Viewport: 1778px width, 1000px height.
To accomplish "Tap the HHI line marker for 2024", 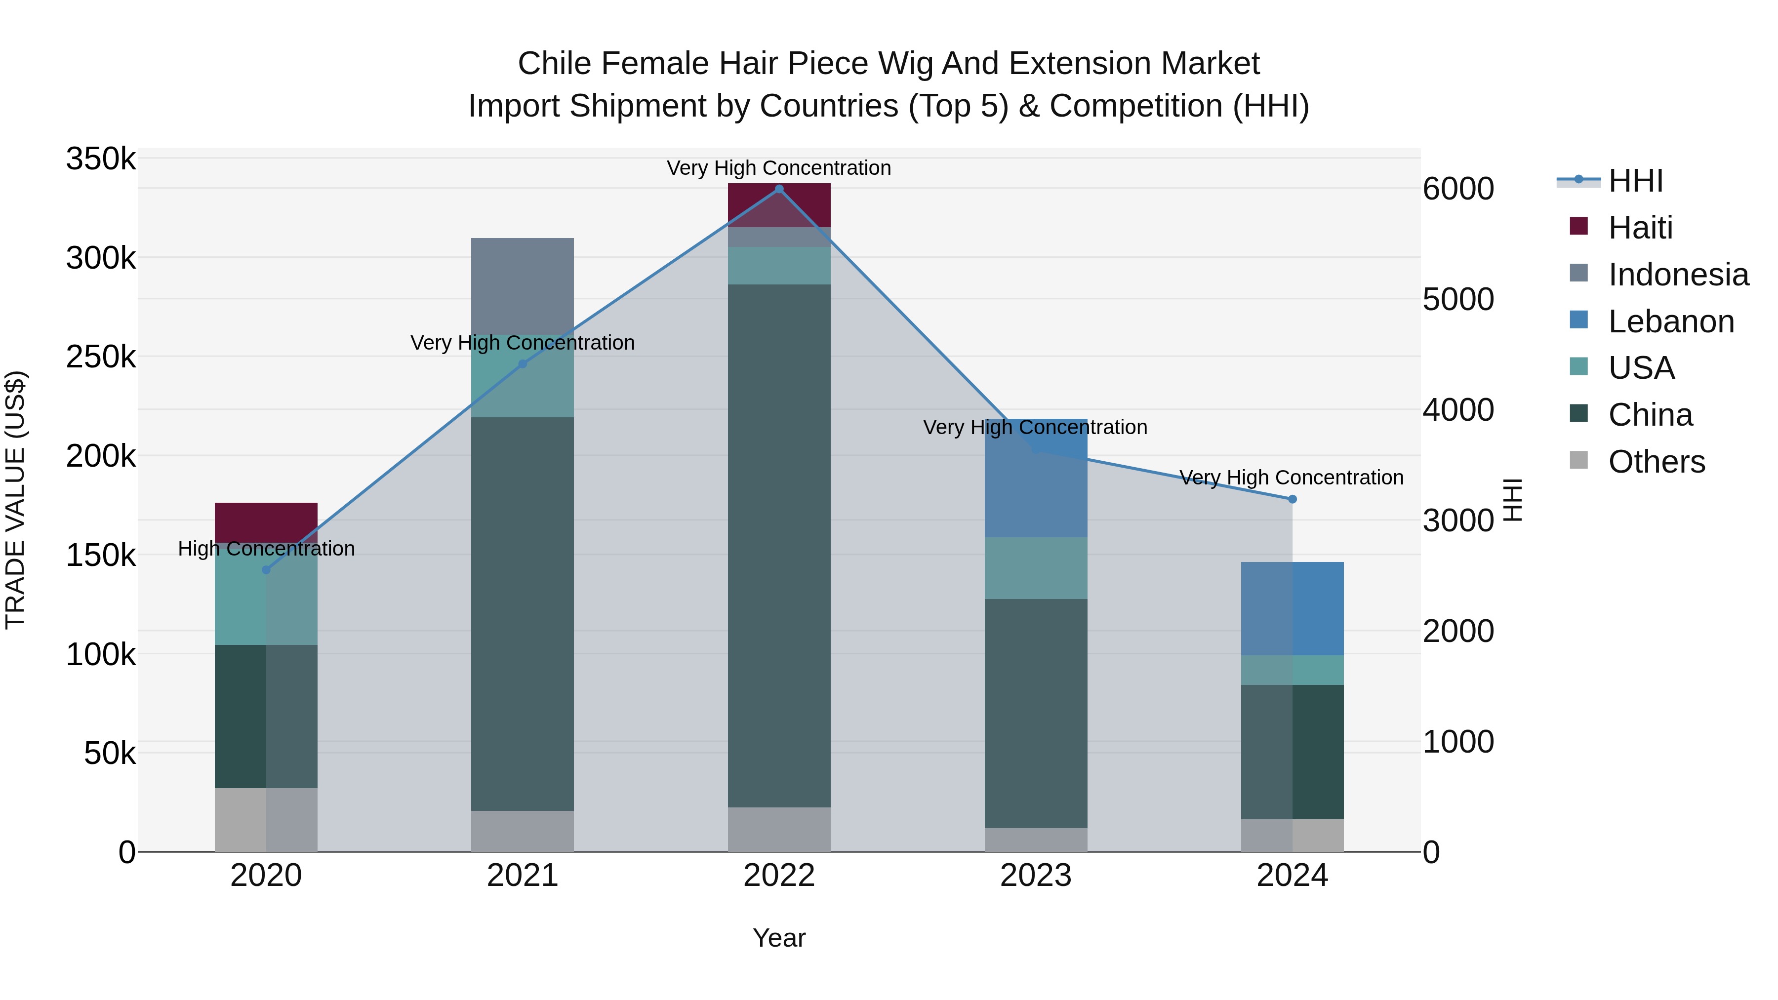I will click(x=1292, y=499).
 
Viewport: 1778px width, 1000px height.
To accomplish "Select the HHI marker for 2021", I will click(x=523, y=363).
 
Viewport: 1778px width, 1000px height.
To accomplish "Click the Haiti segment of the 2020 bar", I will click(x=266, y=522).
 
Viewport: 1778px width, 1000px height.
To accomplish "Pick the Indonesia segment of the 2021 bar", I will click(x=523, y=286).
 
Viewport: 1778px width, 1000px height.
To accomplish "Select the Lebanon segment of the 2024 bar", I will click(x=1292, y=608).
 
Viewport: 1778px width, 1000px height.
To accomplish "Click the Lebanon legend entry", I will click(x=1670, y=321).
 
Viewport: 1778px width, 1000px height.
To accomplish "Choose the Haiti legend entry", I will click(x=1640, y=228).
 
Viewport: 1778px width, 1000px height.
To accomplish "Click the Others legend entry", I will click(x=1656, y=462).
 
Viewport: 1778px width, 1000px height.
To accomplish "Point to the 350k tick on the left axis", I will click(x=101, y=160).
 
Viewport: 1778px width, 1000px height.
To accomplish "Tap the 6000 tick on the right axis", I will click(x=1458, y=189).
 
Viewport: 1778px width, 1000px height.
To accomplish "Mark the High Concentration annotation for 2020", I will click(x=266, y=549).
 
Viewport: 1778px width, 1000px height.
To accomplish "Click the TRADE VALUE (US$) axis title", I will click(x=16, y=500).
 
